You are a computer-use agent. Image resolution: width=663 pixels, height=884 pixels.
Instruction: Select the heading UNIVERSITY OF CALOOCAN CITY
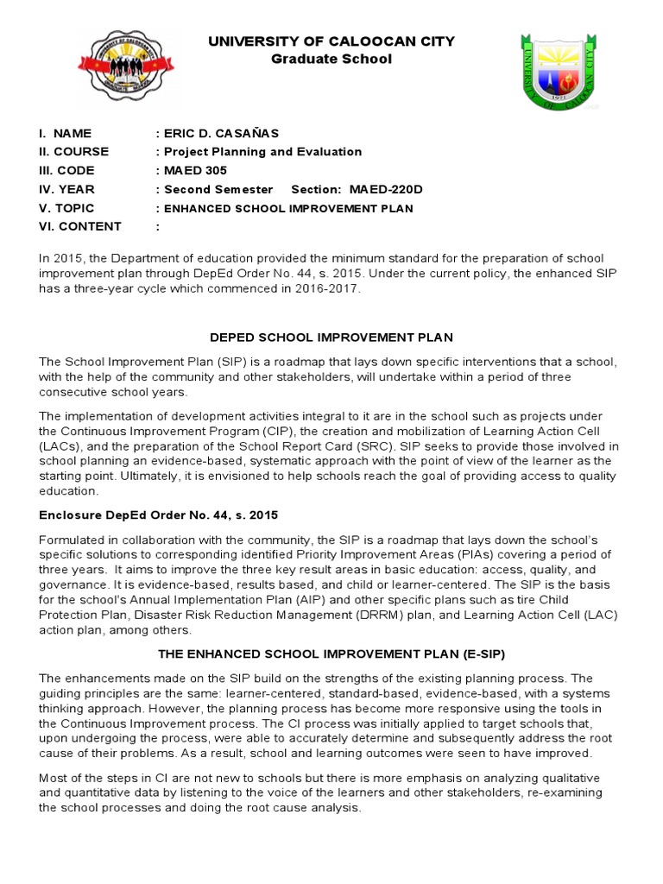(331, 41)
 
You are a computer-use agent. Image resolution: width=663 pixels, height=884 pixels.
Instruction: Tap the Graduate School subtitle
(331, 60)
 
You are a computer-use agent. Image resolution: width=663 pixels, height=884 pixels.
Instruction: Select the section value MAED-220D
(388, 189)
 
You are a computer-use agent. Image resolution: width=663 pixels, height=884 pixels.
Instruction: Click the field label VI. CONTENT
(80, 227)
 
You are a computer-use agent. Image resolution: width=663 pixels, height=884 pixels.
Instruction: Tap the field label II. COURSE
(79, 152)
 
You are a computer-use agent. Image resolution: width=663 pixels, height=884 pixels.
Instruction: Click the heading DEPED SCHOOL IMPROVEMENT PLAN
(331, 336)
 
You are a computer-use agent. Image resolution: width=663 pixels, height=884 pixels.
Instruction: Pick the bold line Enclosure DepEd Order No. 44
(159, 515)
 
